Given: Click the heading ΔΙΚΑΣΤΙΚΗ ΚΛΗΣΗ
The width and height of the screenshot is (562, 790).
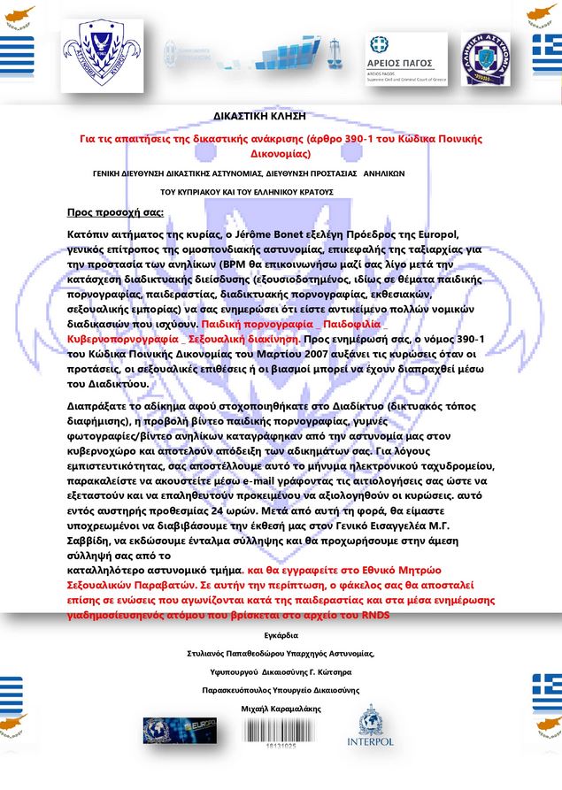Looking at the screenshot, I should pos(259,116).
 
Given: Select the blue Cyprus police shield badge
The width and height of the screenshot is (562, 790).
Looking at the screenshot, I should pos(104,50).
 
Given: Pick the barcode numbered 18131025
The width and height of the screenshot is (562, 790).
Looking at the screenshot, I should pos(280,732).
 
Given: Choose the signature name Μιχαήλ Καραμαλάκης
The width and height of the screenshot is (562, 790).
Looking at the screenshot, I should pos(281,709).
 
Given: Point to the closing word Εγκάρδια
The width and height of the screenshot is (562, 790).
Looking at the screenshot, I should pos(281,634).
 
